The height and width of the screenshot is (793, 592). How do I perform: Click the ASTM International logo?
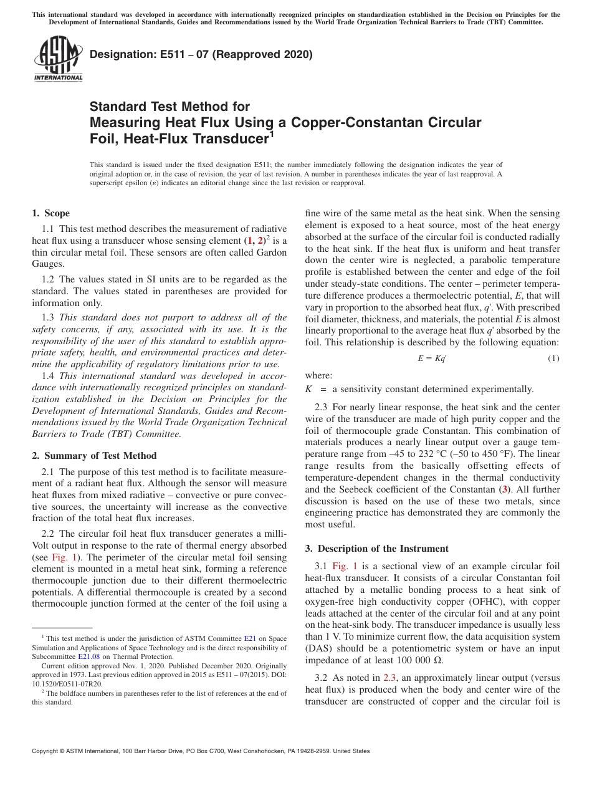coord(58,59)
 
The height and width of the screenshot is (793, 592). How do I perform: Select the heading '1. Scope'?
coord(50,213)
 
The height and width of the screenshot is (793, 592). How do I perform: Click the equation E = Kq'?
coord(432,358)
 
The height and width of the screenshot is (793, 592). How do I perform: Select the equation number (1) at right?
coord(553,358)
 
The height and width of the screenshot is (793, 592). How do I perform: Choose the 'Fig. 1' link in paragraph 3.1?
coord(345,566)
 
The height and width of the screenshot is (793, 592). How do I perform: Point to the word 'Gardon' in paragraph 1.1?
coord(272,252)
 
